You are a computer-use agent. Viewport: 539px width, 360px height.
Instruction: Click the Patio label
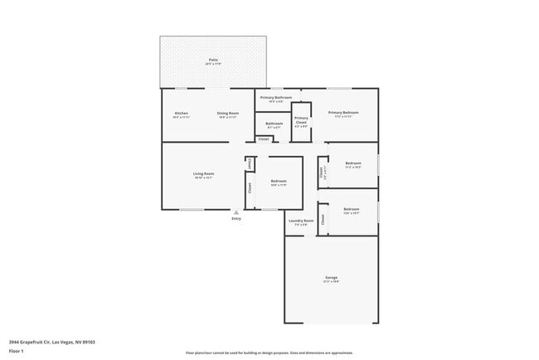213,60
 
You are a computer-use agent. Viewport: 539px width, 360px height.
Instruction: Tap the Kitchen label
181,113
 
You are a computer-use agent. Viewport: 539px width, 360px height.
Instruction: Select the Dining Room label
228,113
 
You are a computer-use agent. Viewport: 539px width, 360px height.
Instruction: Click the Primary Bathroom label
277,99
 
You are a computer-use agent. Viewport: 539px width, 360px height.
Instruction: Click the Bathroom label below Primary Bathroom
274,124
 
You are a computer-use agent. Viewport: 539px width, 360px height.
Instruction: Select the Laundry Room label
301,221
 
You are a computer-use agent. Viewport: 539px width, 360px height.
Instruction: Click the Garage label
331,277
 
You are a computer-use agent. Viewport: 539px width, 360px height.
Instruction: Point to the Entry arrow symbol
236,212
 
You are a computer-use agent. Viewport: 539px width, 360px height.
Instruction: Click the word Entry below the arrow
236,219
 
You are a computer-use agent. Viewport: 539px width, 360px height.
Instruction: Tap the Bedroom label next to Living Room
278,181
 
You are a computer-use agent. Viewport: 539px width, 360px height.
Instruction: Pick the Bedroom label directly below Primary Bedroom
353,163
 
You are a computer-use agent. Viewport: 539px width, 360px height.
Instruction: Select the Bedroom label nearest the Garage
352,209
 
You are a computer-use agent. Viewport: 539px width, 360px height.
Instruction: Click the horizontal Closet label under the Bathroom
263,139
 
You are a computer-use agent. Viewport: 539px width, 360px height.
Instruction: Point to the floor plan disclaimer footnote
269,353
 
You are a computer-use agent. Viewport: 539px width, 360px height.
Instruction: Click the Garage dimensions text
331,281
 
